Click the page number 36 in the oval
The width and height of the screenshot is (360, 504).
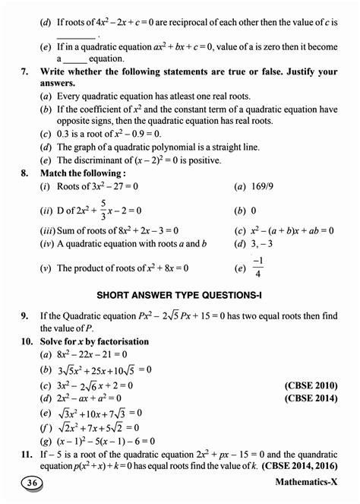coord(32,483)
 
